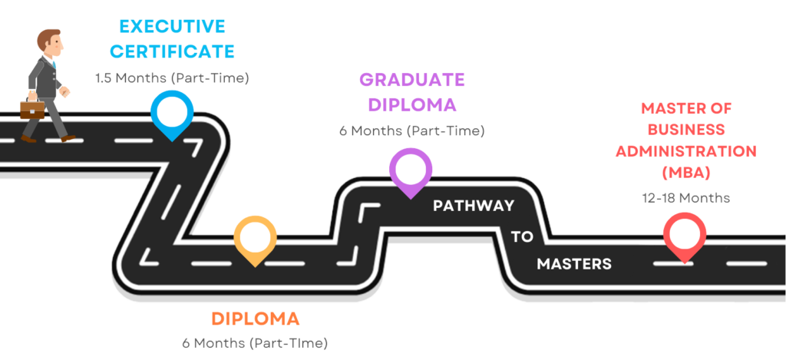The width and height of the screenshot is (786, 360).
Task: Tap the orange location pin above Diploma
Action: tap(256, 238)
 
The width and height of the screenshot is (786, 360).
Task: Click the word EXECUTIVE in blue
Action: tap(172, 26)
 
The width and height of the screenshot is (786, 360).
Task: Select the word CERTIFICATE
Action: tap(172, 52)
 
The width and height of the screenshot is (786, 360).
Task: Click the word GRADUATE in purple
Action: tap(412, 79)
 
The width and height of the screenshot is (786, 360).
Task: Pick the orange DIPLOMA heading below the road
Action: tap(255, 318)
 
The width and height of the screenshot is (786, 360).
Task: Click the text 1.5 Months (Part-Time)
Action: tap(172, 78)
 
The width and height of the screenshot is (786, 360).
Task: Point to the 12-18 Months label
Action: tap(685, 197)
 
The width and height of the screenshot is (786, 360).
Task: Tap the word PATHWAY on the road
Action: tap(473, 206)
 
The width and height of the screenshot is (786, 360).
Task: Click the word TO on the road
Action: tap(522, 236)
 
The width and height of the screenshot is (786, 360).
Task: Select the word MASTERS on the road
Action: tap(574, 264)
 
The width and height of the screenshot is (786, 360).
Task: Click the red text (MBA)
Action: tap(685, 171)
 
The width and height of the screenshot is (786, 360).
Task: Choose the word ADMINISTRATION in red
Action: tap(685, 150)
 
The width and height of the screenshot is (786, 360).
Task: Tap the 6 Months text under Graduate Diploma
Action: tap(411, 130)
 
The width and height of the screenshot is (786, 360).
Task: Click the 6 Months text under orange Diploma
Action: tap(255, 342)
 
